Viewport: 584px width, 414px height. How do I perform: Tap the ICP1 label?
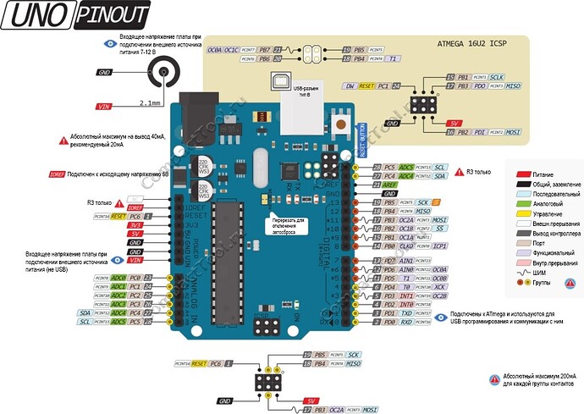(440, 246)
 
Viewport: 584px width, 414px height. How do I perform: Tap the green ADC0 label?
(118, 278)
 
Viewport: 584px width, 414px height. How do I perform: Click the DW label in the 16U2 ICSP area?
(349, 86)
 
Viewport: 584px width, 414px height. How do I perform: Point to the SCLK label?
(498, 77)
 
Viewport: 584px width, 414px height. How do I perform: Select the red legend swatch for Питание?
(524, 172)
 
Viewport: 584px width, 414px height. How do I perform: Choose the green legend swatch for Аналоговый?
(524, 204)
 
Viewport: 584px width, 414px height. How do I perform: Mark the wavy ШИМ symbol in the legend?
(524, 273)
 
